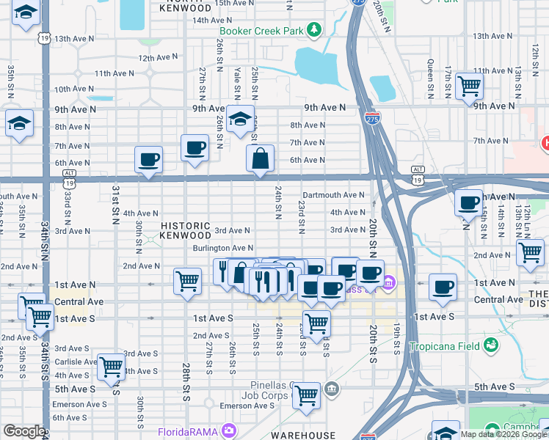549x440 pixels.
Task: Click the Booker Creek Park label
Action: coord(262,31)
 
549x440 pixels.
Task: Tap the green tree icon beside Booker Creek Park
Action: coord(315,29)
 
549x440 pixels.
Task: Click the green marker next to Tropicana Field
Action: coord(490,345)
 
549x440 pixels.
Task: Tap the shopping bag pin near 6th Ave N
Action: coord(260,159)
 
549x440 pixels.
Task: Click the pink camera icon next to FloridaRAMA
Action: coord(230,430)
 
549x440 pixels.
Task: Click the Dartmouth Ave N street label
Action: coord(333,195)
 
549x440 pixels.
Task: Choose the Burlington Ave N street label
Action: coord(222,249)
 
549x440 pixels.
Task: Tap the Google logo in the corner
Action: coord(23,431)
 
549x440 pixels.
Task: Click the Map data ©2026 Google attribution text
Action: coord(503,434)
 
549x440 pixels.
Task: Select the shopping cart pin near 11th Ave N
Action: coord(468,86)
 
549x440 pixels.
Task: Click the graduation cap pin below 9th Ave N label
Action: coord(239,121)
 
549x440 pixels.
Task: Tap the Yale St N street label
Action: coord(236,84)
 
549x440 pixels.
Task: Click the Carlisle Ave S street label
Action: coord(76,361)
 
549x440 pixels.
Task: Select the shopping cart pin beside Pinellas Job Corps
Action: coord(306,396)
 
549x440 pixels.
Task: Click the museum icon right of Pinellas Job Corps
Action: coord(332,387)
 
